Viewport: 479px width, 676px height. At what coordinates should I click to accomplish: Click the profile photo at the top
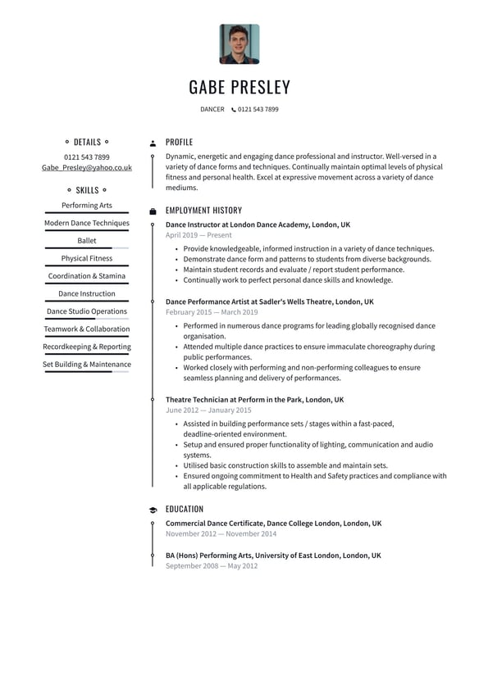coord(239,44)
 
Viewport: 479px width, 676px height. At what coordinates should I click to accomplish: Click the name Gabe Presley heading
coord(239,87)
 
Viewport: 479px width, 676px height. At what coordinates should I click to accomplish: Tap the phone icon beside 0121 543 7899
coord(234,110)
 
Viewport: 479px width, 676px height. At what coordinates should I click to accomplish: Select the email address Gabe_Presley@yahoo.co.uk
coord(87,167)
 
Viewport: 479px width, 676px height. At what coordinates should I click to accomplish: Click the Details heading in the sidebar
coord(87,142)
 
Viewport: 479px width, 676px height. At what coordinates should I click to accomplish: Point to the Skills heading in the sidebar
coord(87,190)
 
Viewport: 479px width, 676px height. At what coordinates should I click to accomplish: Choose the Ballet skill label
coord(87,241)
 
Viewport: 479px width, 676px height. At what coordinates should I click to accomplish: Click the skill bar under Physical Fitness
coord(87,266)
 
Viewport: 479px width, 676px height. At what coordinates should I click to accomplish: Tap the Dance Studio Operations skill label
coord(87,311)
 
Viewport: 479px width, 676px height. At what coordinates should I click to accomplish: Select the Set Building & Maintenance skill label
coord(87,365)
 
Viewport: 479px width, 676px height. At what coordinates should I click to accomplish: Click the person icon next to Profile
coord(153,143)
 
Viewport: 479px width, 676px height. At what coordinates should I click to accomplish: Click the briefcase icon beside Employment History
coord(153,211)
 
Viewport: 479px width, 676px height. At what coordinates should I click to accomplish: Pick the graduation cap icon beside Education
coord(153,510)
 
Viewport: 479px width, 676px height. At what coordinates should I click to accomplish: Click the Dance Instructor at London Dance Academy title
coord(258,225)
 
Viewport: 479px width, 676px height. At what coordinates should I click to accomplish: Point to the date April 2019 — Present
coord(198,235)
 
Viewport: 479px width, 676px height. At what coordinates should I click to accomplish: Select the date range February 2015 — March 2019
coord(212,312)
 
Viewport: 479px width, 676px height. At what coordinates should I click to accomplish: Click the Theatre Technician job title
coord(254,400)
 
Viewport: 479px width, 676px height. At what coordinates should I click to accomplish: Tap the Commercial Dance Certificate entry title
coord(273,523)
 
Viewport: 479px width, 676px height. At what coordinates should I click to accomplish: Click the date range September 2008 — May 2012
coord(212,565)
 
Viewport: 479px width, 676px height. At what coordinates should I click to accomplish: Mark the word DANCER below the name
coord(212,110)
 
